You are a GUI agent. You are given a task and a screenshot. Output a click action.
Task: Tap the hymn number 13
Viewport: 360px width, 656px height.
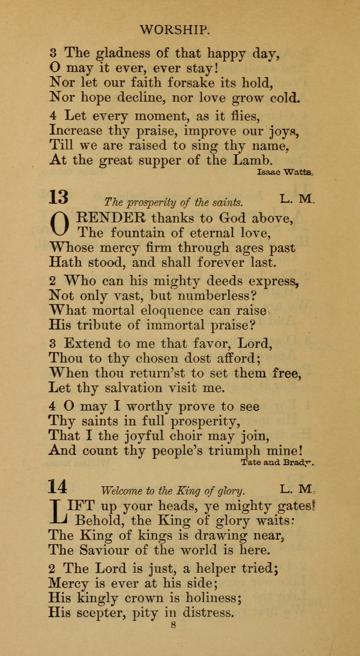pyautogui.click(x=58, y=197)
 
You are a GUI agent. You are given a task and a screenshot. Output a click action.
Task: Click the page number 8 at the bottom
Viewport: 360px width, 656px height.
pyautogui.click(x=173, y=640)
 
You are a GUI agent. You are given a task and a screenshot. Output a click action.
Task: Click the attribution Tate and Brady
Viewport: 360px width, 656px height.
pyautogui.click(x=277, y=463)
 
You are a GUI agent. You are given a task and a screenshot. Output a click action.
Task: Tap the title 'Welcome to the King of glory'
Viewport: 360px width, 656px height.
pyautogui.click(x=174, y=490)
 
